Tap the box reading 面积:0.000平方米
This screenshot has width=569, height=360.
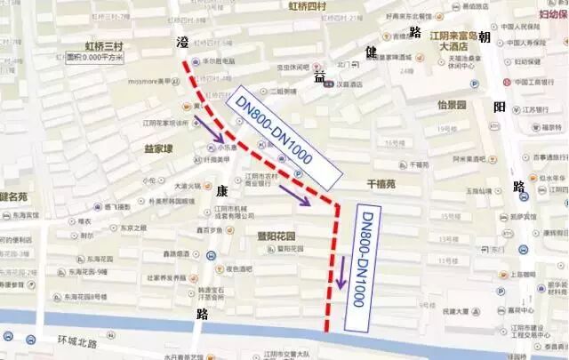tap(94, 58)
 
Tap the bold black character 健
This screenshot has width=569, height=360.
tap(372, 52)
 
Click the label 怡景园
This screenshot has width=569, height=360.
tap(453, 105)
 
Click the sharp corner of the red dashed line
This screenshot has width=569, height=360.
tap(336, 206)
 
